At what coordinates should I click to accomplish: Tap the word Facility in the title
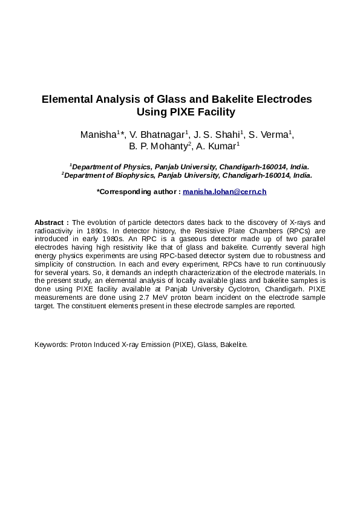click(x=214, y=112)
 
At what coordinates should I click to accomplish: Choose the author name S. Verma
click(x=270, y=135)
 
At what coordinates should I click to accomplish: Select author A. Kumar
click(x=218, y=146)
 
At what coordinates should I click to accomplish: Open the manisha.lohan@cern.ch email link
click(x=224, y=192)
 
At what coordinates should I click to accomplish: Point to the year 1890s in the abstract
click(x=97, y=231)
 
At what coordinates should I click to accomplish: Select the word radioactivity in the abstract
click(x=53, y=231)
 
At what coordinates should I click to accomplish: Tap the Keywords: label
click(x=51, y=345)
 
